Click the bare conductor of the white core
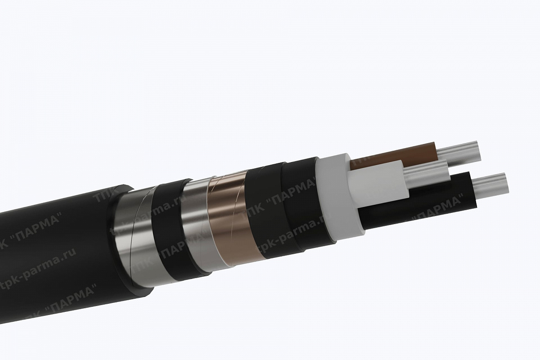[427, 173]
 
